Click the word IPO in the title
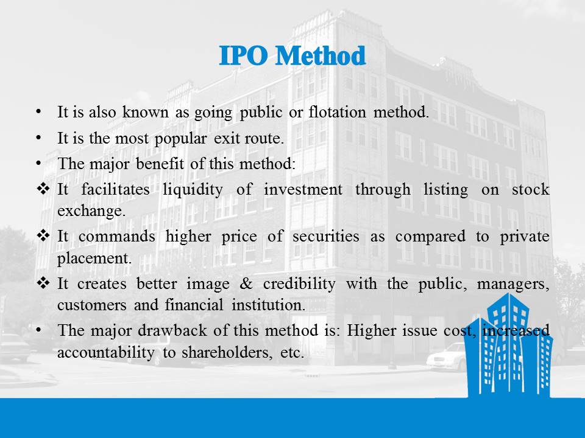click(243, 56)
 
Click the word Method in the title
click(321, 56)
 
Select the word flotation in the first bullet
click(337, 112)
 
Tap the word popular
click(180, 139)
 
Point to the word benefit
click(160, 164)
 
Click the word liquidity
click(193, 190)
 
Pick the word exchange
click(91, 212)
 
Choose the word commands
click(117, 237)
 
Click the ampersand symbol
click(246, 284)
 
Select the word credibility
click(299, 284)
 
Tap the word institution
click(269, 305)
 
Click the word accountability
click(105, 352)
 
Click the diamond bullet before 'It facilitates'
click(43, 189)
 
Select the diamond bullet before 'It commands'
click(43, 236)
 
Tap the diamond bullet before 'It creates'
click(43, 283)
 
